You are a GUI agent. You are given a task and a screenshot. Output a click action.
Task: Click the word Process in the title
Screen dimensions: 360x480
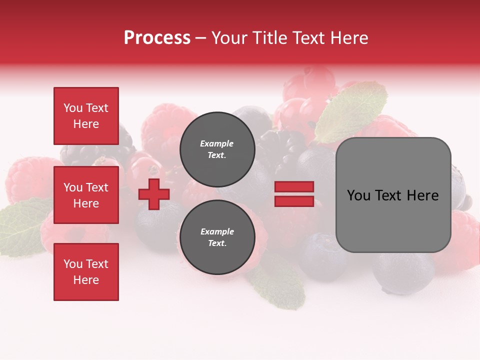[157, 38]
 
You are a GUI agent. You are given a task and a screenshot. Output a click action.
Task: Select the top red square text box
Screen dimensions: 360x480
[86, 116]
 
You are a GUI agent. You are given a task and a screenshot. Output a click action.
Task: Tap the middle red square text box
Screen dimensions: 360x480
[86, 195]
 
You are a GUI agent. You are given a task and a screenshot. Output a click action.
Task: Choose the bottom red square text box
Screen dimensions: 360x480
[86, 272]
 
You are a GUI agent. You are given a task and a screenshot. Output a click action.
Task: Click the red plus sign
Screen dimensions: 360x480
[154, 194]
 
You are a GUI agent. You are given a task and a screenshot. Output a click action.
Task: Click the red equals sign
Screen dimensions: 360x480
[294, 194]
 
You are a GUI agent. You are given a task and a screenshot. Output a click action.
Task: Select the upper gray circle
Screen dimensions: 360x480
[217, 149]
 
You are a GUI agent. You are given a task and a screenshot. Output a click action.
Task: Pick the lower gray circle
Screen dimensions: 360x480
[217, 237]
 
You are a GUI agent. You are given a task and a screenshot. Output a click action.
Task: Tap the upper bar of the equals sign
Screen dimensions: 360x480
[294, 186]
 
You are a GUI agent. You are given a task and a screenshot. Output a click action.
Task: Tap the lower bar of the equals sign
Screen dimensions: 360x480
[294, 201]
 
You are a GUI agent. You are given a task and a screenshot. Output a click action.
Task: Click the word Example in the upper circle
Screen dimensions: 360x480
[217, 143]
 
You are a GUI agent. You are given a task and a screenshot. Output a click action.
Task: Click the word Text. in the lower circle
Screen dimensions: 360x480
[217, 243]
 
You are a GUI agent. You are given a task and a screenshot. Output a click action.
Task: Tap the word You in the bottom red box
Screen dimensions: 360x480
[72, 264]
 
